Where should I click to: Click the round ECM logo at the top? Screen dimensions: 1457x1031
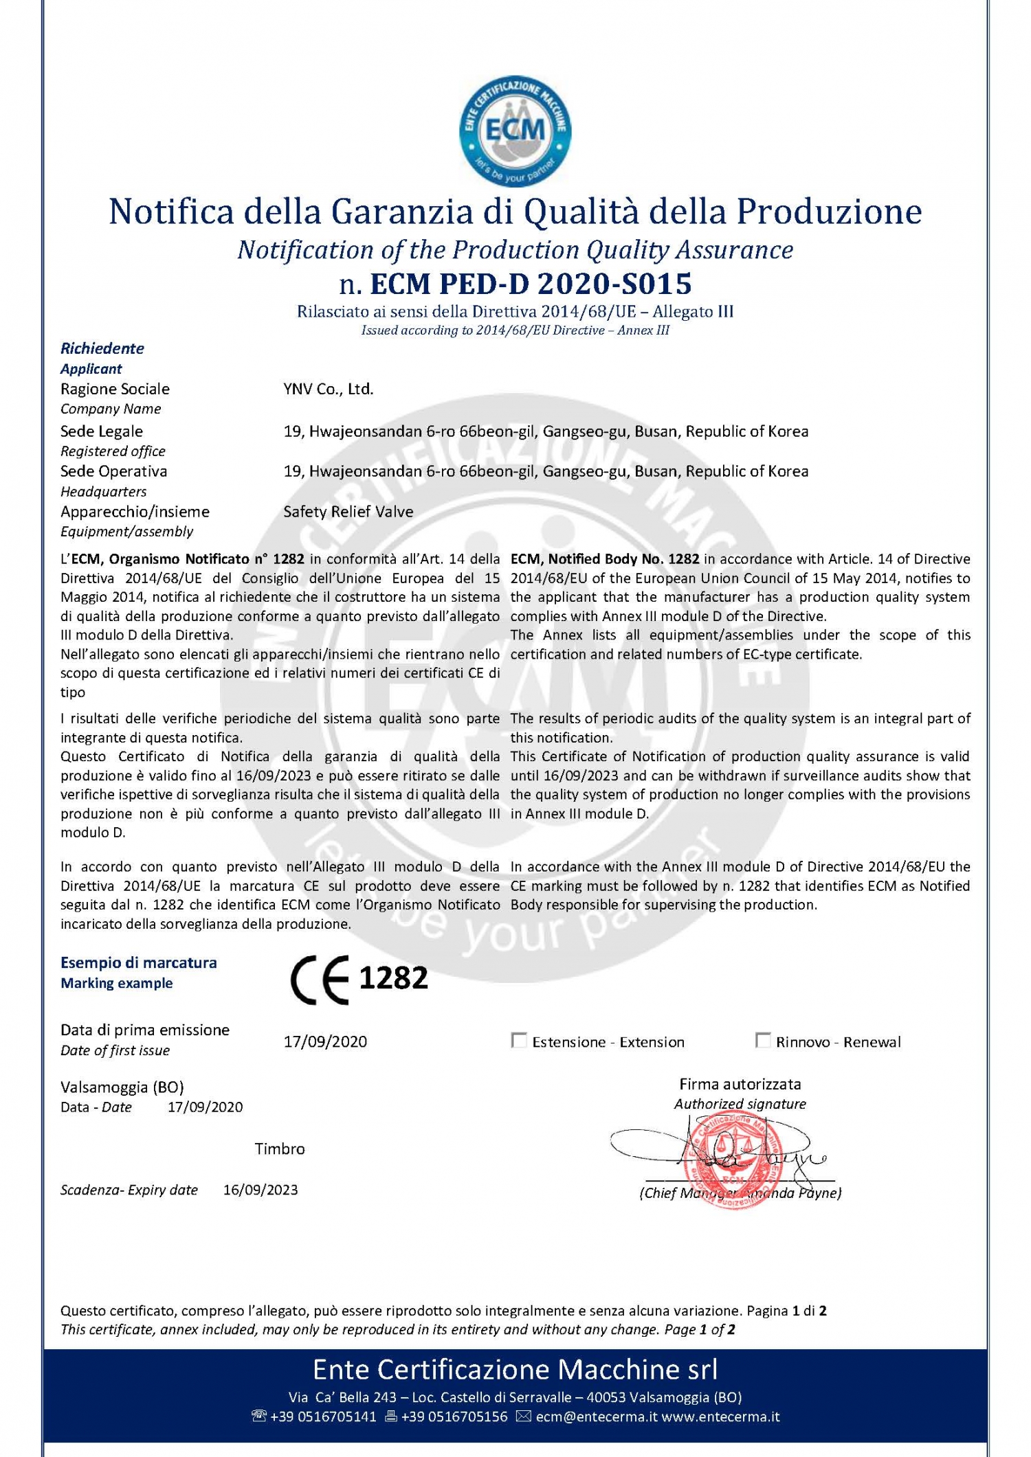515,131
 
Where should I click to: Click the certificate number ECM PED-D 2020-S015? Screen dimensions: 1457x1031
531,283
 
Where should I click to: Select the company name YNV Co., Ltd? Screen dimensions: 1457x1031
329,389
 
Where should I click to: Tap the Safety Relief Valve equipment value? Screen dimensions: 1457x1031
348,512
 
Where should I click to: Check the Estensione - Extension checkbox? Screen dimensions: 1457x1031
519,1041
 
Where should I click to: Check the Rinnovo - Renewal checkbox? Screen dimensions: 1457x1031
762,1041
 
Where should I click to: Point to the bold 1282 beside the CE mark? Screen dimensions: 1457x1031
393,978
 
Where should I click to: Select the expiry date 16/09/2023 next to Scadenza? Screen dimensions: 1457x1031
260,1190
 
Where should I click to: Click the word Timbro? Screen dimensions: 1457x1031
280,1149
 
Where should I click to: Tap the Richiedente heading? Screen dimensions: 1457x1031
102,348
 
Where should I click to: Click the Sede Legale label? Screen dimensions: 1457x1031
102,431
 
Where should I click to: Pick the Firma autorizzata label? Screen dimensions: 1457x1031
740,1084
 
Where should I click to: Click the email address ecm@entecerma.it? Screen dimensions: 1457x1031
597,1416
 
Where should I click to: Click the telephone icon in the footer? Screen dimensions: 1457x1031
259,1416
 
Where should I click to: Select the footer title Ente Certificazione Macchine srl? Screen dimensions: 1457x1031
515,1370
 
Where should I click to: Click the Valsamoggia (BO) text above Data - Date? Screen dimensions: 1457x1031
122,1087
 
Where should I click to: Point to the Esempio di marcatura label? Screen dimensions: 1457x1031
139,962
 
